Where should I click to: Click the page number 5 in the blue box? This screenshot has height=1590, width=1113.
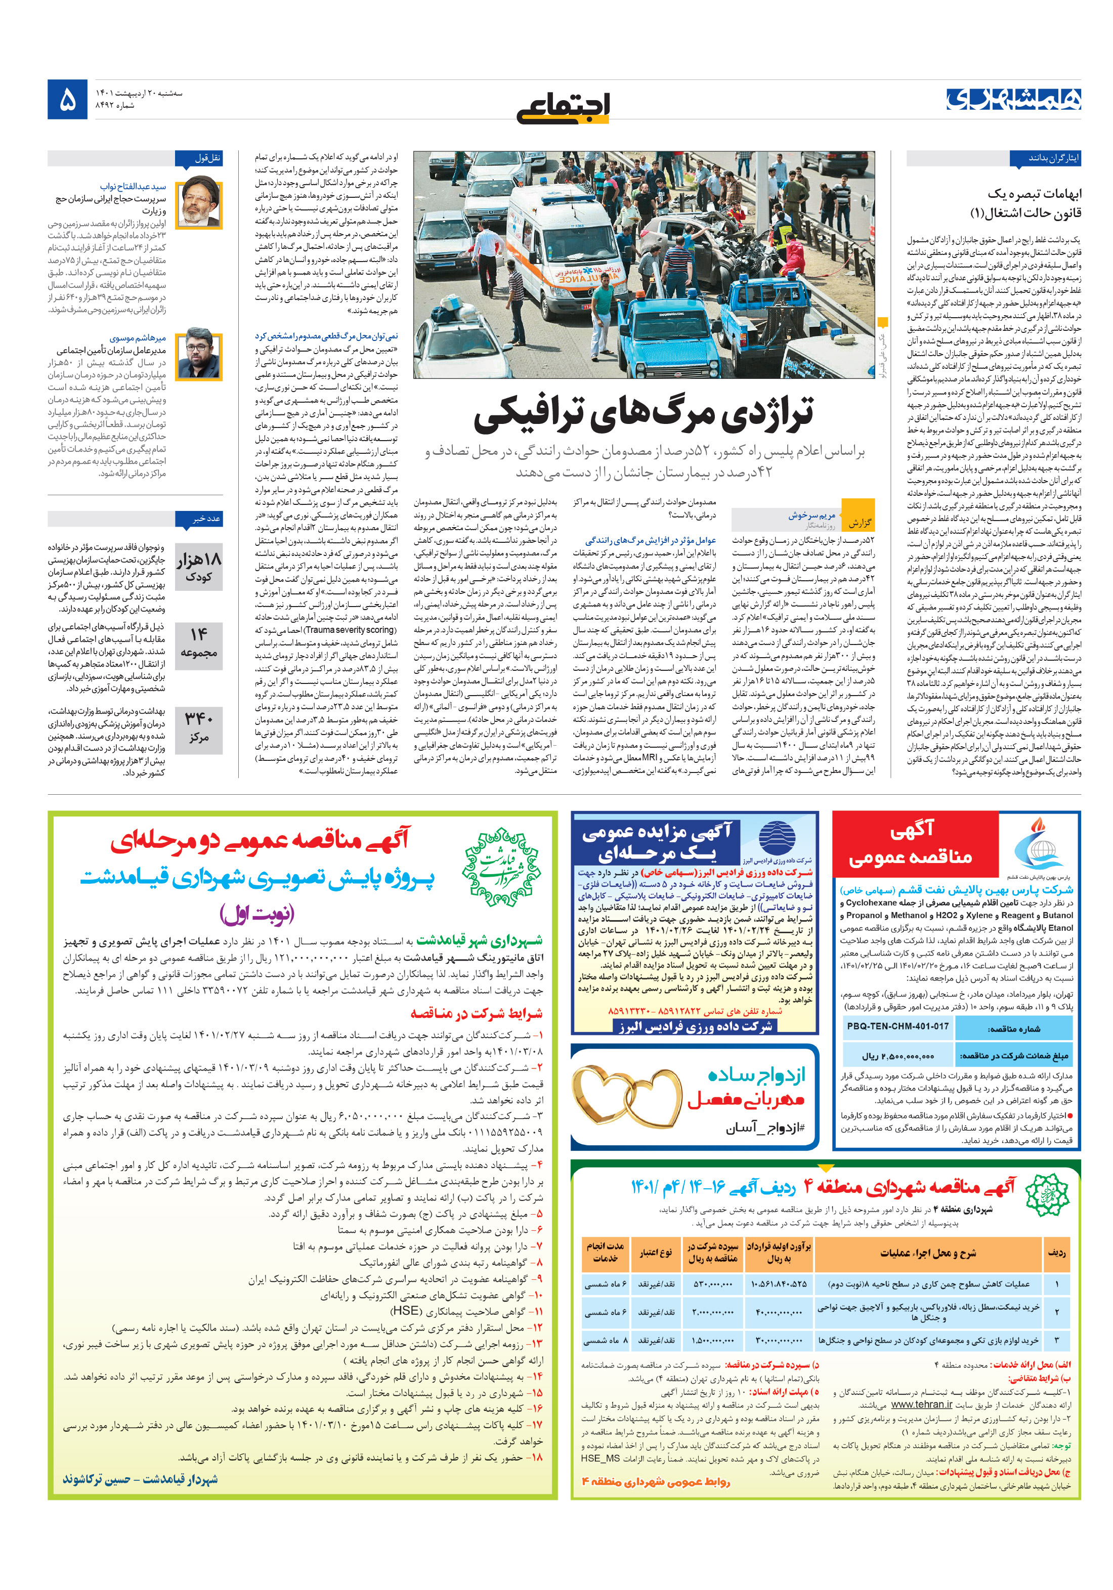point(67,100)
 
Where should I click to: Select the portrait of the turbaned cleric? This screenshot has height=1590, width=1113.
point(199,203)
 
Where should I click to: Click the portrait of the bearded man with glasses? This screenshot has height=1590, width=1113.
point(199,355)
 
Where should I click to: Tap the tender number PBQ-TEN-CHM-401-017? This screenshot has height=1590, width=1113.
point(897,1025)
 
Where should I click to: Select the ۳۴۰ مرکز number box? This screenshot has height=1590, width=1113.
point(199,728)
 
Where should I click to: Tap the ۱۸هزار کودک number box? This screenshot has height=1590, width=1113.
point(199,566)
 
